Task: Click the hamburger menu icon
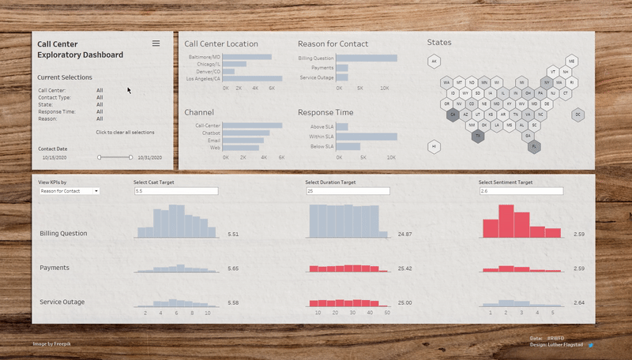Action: (x=156, y=43)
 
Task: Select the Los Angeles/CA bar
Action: (x=254, y=79)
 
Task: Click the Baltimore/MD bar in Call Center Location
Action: (x=248, y=57)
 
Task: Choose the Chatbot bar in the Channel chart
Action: (x=247, y=133)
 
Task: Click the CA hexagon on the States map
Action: (x=453, y=114)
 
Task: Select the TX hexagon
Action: (x=478, y=136)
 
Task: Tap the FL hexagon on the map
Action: (x=534, y=146)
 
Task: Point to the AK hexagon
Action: (x=434, y=61)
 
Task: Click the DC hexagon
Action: (x=578, y=114)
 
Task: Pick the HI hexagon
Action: (x=434, y=146)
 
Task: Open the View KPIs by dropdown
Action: (x=69, y=191)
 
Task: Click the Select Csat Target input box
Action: (x=175, y=191)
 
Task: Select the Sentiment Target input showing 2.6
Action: (x=521, y=191)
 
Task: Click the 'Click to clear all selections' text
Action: (x=126, y=132)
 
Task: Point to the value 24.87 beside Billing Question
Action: (x=405, y=234)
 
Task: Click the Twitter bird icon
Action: (x=590, y=345)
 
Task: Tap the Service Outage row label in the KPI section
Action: (x=62, y=302)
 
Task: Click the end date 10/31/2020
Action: (x=149, y=158)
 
